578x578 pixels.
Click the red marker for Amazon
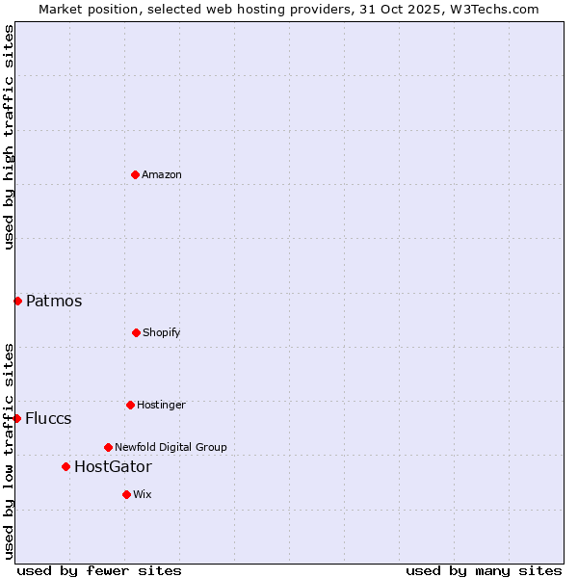coord(135,174)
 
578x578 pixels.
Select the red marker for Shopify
coord(136,332)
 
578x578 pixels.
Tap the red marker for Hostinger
coord(130,405)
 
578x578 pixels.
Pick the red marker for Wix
coord(126,494)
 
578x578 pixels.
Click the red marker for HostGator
coord(66,466)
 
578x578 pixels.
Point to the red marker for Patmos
coord(17,301)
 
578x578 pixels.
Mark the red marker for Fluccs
coord(16,418)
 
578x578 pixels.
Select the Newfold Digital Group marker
coord(108,447)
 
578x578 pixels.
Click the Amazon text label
coord(162,174)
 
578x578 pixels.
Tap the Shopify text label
coord(162,332)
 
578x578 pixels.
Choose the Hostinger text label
coord(161,405)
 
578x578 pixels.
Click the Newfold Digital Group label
coord(171,447)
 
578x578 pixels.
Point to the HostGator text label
coord(113,467)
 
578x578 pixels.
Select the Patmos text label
coord(54,302)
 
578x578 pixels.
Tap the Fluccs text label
coord(48,419)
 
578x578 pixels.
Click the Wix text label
coord(143,494)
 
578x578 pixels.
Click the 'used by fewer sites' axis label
coord(99,570)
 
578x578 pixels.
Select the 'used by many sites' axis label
coord(484,570)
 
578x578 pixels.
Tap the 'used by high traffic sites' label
coord(9,138)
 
